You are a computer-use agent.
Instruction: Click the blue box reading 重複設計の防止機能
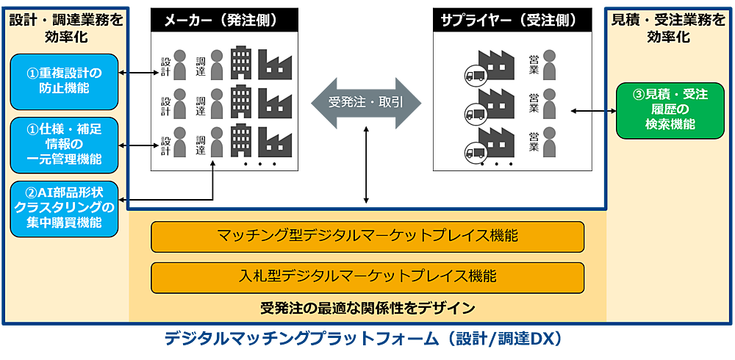click(x=64, y=81)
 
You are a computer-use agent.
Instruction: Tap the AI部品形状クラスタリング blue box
click(x=64, y=208)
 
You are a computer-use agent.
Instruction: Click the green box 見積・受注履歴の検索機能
click(x=665, y=110)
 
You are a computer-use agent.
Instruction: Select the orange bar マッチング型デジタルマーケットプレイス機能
click(x=367, y=237)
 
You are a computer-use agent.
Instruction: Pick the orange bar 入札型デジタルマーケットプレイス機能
click(x=367, y=276)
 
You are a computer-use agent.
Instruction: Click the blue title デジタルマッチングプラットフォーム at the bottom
click(x=363, y=339)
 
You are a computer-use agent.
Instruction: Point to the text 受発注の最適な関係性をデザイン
click(x=367, y=306)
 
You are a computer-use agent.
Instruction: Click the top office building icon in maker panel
click(x=241, y=62)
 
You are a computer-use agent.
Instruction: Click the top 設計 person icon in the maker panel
click(x=181, y=64)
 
